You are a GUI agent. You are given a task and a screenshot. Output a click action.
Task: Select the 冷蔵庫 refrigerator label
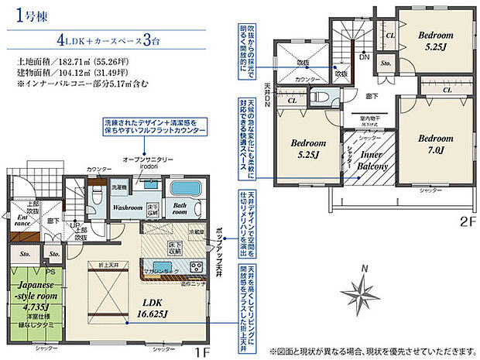[197, 230]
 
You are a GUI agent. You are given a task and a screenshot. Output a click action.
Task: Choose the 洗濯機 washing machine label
[118, 189]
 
